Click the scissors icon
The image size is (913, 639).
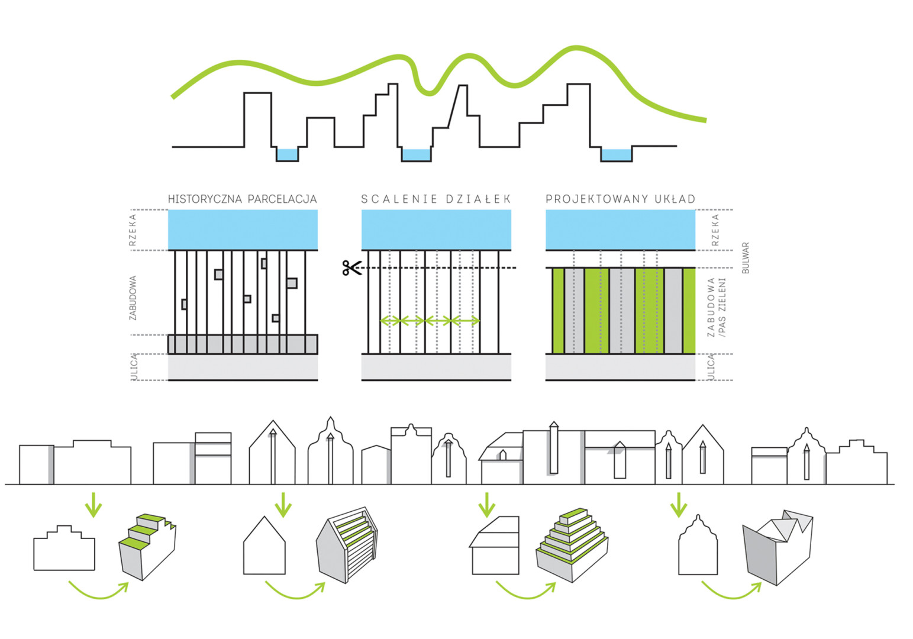pos(351,269)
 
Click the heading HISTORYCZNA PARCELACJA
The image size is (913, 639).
pos(242,199)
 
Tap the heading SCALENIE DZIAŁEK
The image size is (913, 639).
pos(435,199)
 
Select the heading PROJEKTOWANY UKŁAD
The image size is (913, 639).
pos(620,199)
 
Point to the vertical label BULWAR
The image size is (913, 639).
pos(746,257)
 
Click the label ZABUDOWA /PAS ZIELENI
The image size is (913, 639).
pos(716,308)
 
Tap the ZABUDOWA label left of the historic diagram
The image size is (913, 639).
pos(133,298)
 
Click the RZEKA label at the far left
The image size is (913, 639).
pos(133,230)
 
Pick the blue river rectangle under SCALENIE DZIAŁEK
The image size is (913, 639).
pos(436,230)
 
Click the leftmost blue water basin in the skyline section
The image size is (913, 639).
pos(287,155)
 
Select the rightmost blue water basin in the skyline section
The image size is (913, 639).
pos(616,155)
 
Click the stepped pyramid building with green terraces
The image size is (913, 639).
pos(572,544)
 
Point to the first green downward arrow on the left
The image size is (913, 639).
pos(93,505)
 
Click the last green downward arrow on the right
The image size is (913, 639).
pos(678,505)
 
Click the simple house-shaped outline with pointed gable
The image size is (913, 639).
pos(264,546)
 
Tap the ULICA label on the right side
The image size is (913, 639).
pos(712,367)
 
